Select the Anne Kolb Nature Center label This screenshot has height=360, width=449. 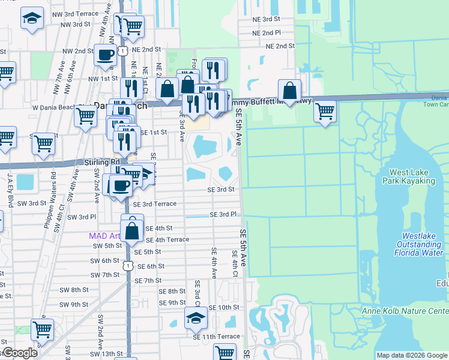click(405, 311)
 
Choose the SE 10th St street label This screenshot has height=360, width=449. click(225, 307)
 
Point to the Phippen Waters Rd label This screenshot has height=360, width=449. click(54, 192)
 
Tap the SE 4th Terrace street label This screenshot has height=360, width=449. click(167, 239)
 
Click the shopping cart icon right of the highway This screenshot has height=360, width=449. click(325, 111)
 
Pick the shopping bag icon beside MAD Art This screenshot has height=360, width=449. click(133, 228)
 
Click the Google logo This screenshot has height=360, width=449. click(20, 353)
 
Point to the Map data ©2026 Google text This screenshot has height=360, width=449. click(411, 355)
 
